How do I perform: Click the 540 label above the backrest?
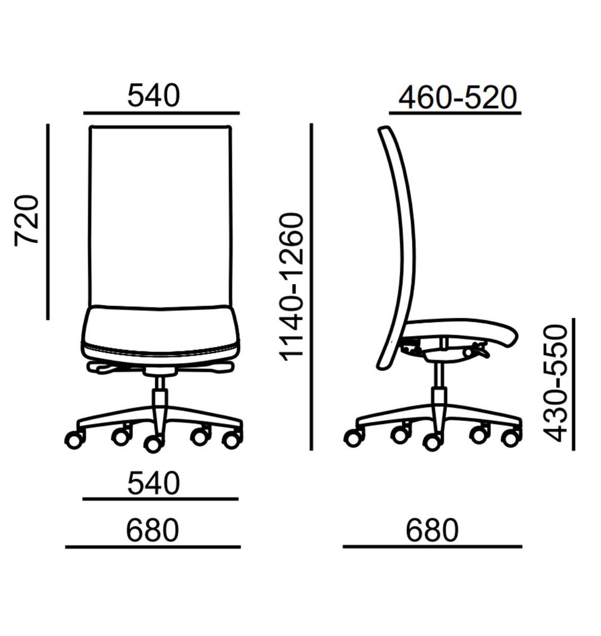154,95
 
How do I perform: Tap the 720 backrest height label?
27,220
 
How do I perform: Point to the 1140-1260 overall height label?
292,287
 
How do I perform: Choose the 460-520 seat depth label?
458,97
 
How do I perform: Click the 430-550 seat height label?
555,384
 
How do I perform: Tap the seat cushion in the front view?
160,335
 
